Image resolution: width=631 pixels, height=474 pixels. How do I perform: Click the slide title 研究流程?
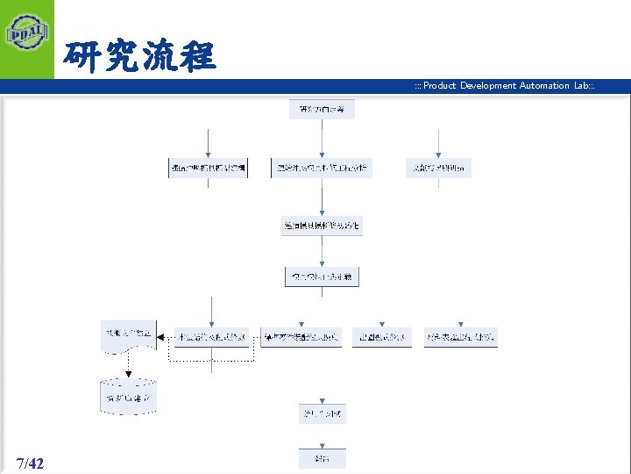(138, 58)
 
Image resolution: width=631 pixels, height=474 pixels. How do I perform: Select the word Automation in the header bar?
(545, 85)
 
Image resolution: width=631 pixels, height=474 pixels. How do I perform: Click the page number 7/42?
(30, 463)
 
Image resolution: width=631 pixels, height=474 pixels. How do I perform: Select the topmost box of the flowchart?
(322, 110)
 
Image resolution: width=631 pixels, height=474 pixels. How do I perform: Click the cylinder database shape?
(127, 398)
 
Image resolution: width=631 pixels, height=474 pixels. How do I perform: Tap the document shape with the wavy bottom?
(129, 335)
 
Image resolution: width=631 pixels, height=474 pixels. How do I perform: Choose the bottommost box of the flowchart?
(322, 458)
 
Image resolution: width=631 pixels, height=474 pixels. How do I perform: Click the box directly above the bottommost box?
(322, 413)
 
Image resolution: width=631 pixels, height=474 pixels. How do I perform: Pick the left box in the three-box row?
(208, 168)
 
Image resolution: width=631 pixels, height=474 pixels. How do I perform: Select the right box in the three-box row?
(438, 168)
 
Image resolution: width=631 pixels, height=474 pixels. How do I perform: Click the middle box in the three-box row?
(322, 168)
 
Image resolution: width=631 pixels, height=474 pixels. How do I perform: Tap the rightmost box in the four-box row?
(461, 337)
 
